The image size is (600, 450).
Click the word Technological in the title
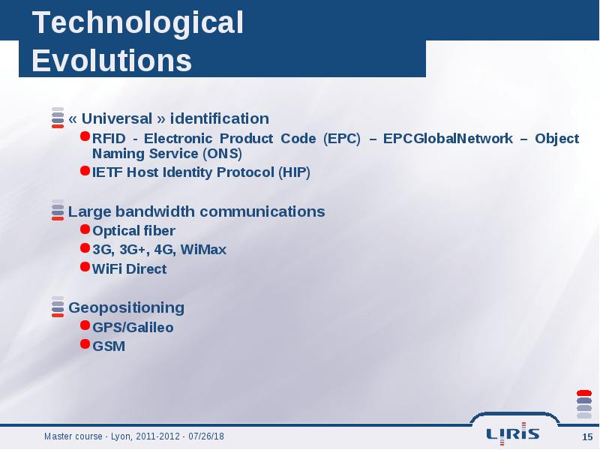[x=138, y=24]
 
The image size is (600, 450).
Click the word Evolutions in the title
[x=112, y=61]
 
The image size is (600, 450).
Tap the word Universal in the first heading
[x=117, y=118]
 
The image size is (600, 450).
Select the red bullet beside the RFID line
[x=85, y=136]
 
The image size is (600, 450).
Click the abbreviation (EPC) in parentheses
[x=342, y=139]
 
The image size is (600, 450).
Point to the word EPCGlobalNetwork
[x=448, y=139]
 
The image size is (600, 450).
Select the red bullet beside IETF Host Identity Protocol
[x=85, y=170]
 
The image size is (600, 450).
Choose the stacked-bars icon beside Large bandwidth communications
[x=58, y=210]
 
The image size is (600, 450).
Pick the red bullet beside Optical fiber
[x=85, y=229]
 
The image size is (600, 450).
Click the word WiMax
[x=203, y=250]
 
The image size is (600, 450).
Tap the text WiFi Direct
[x=129, y=269]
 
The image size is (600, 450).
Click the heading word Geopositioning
[x=126, y=308]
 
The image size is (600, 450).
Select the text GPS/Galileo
[x=133, y=328]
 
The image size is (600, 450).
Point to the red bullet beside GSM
[x=85, y=344]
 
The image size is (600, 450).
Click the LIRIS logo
[x=513, y=433]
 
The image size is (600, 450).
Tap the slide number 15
[x=587, y=437]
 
